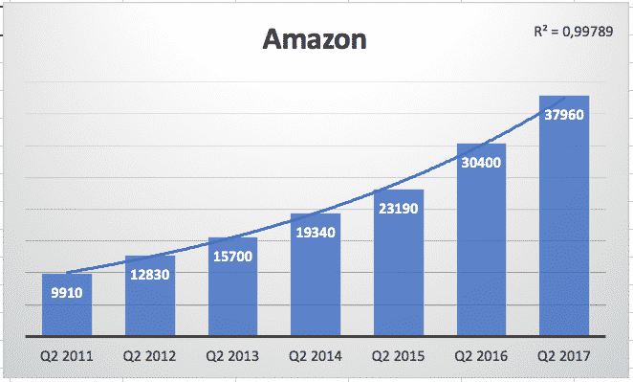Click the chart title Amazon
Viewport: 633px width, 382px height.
[x=315, y=42]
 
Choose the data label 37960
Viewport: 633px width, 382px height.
[x=563, y=114]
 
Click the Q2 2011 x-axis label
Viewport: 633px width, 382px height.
[x=67, y=356]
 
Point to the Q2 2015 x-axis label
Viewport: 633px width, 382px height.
[x=398, y=356]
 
